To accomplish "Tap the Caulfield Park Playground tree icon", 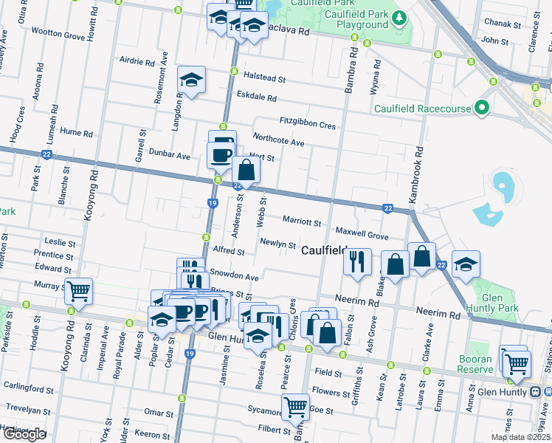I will [x=399, y=17].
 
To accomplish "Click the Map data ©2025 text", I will [x=520, y=437].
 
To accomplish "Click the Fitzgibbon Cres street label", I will [x=308, y=123].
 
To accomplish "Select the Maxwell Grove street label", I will [x=362, y=236].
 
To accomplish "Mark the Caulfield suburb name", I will [x=324, y=251].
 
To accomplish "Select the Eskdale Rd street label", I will [x=256, y=97].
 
